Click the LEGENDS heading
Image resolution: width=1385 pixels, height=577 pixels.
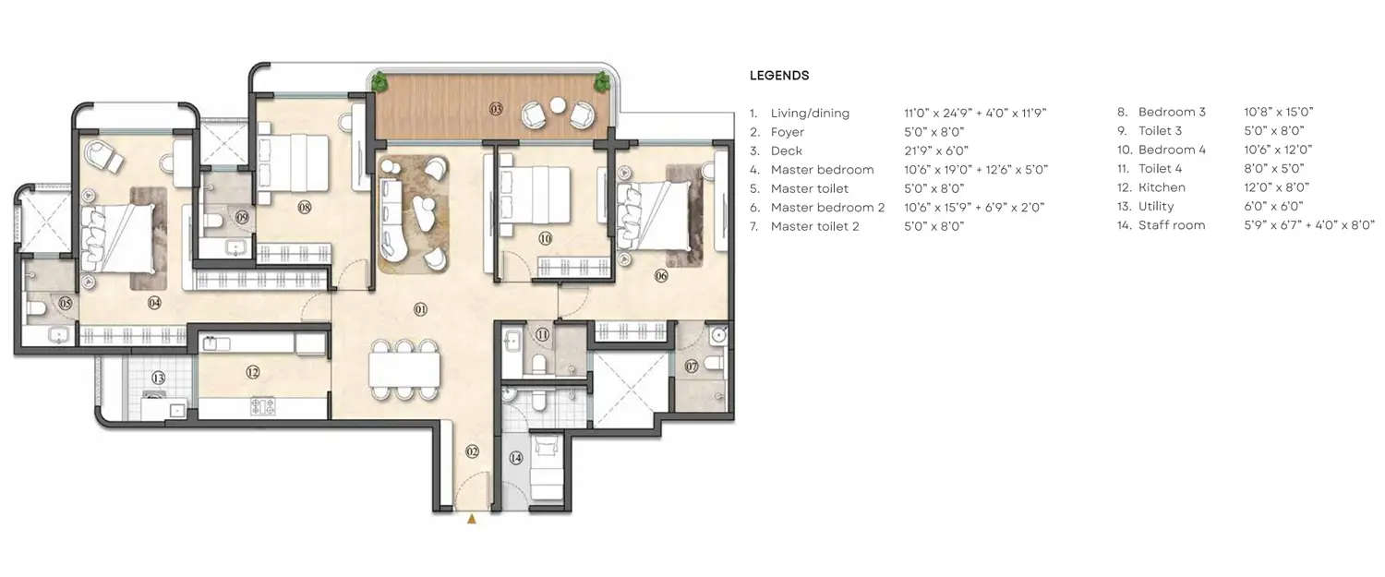click(778, 76)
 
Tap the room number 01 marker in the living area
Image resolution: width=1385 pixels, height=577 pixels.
click(420, 310)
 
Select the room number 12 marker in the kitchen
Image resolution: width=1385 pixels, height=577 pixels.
click(252, 373)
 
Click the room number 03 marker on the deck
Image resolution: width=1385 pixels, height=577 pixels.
click(496, 109)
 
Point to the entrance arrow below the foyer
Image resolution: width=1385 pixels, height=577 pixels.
click(472, 520)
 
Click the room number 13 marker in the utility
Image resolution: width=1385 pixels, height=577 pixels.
click(158, 377)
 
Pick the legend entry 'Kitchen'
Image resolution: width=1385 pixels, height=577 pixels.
click(1162, 187)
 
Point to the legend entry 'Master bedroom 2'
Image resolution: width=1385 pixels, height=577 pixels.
click(827, 208)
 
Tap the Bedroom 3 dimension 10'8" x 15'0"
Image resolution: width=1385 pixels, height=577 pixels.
click(1279, 113)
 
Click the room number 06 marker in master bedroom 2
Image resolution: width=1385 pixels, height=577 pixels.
click(662, 275)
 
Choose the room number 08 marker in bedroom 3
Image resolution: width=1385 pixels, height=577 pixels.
click(305, 208)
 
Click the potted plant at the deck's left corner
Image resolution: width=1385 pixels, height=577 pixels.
click(379, 82)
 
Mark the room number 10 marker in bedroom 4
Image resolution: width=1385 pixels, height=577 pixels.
click(545, 238)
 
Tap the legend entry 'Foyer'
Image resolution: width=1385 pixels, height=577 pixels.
click(787, 133)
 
